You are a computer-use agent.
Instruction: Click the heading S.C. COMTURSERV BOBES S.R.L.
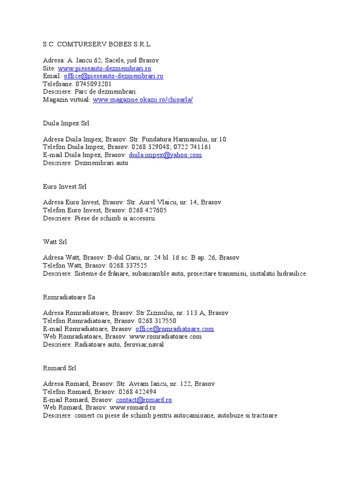(x=97, y=45)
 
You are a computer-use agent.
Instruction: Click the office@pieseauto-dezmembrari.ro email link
(x=113, y=76)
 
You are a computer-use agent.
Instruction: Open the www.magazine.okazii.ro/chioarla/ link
(x=142, y=100)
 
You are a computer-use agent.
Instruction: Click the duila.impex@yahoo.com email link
(x=165, y=155)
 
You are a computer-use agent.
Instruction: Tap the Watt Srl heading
(x=55, y=242)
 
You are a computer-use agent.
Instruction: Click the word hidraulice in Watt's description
(x=290, y=273)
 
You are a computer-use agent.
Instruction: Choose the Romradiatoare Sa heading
(x=69, y=297)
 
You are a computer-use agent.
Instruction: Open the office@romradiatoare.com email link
(x=174, y=329)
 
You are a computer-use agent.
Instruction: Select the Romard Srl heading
(x=60, y=368)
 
